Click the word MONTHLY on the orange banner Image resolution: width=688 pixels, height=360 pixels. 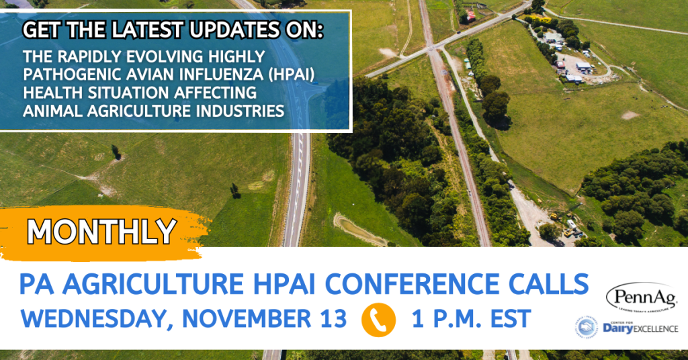pyautogui.click(x=101, y=231)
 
